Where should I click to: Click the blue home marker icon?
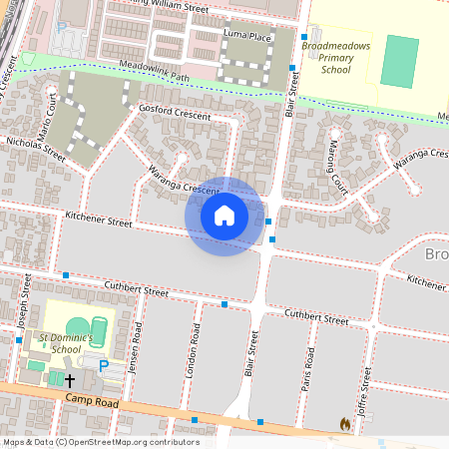(x=224, y=216)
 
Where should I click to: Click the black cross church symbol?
(x=70, y=380)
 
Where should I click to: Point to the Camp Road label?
(x=91, y=400)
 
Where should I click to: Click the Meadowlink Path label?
(x=124, y=73)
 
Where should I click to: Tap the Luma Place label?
(x=247, y=36)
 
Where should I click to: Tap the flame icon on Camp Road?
(x=345, y=424)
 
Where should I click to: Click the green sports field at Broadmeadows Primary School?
(x=401, y=61)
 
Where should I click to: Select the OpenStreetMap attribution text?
(x=100, y=442)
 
